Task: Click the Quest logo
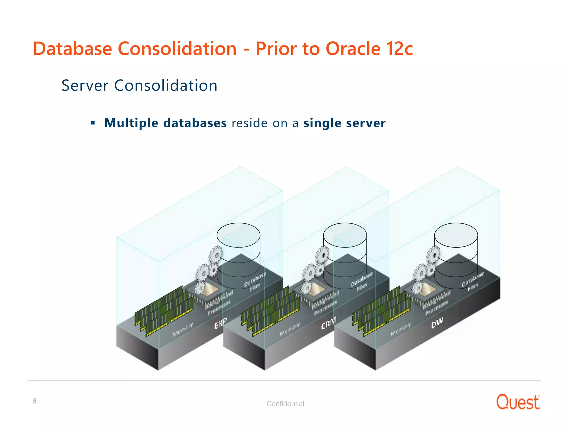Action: click(x=518, y=402)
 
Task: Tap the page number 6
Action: click(x=34, y=401)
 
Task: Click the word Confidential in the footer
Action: click(x=285, y=404)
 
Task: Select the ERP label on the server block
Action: click(x=221, y=323)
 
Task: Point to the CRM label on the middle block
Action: click(x=329, y=323)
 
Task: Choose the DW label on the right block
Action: click(x=437, y=323)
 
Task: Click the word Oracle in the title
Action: click(x=353, y=49)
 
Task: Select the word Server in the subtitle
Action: click(x=85, y=85)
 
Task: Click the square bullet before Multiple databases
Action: click(x=93, y=123)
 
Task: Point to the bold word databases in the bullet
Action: click(x=195, y=123)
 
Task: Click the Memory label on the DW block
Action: click(x=401, y=329)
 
